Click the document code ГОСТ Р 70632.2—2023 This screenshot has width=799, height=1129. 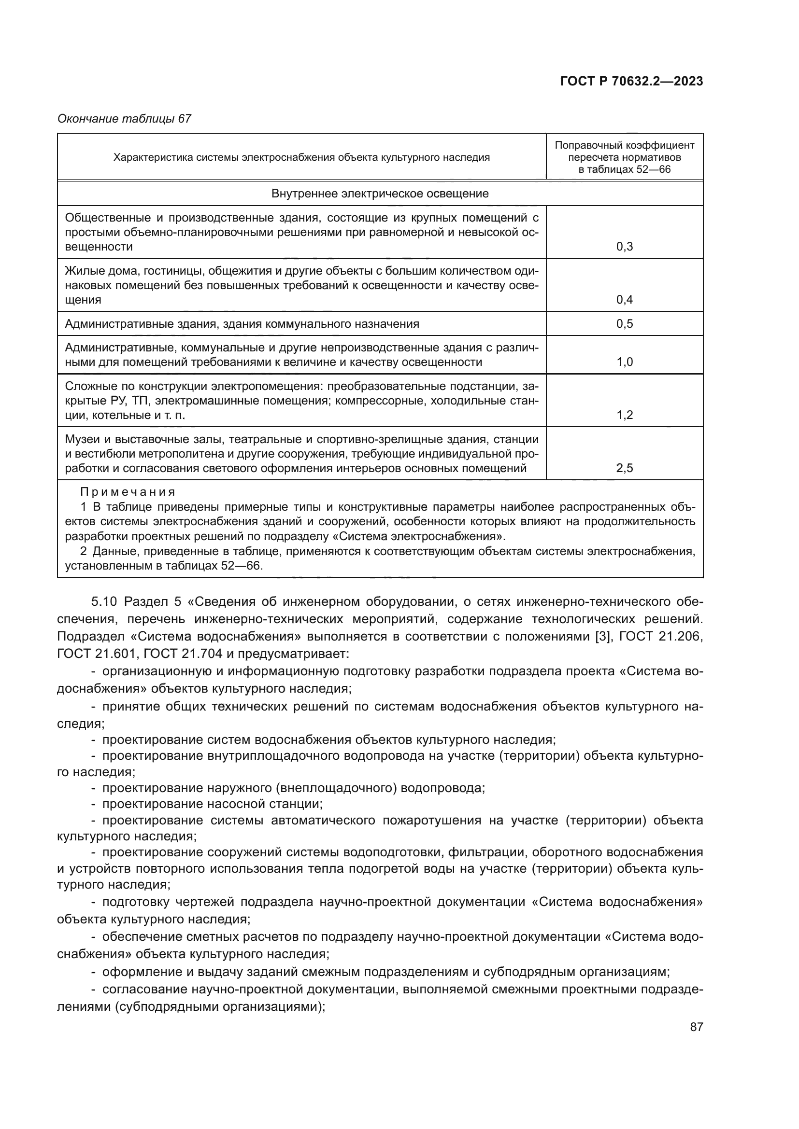click(x=631, y=82)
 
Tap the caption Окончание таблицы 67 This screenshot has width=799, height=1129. click(x=124, y=119)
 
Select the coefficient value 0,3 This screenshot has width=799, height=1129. click(x=624, y=247)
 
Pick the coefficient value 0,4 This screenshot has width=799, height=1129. click(x=624, y=300)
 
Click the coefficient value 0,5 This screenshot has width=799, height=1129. click(x=624, y=323)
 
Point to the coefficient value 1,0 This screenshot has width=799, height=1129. click(x=624, y=362)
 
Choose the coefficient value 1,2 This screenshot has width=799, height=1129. click(x=624, y=415)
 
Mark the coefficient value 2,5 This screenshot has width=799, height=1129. click(x=624, y=468)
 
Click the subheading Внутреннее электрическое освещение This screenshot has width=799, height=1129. click(x=380, y=194)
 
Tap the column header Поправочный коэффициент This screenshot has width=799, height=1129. click(x=624, y=145)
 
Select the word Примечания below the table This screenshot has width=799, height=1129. click(x=128, y=492)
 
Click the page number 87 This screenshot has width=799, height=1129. click(x=696, y=1027)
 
